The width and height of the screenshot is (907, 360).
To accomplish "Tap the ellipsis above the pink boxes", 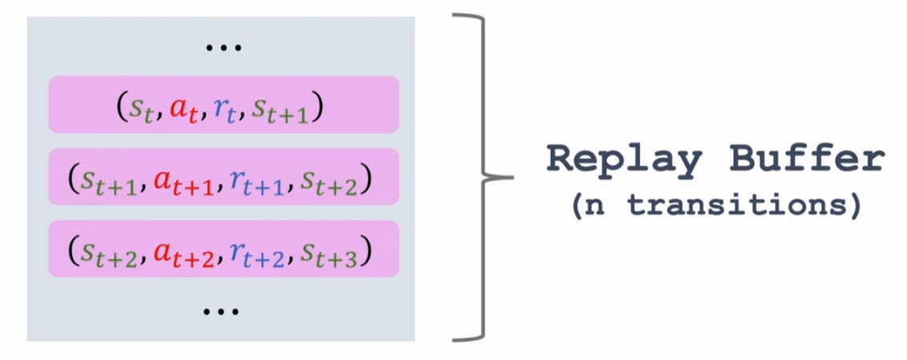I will click(223, 48).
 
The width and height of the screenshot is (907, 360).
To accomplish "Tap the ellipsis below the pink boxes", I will click(223, 310).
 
